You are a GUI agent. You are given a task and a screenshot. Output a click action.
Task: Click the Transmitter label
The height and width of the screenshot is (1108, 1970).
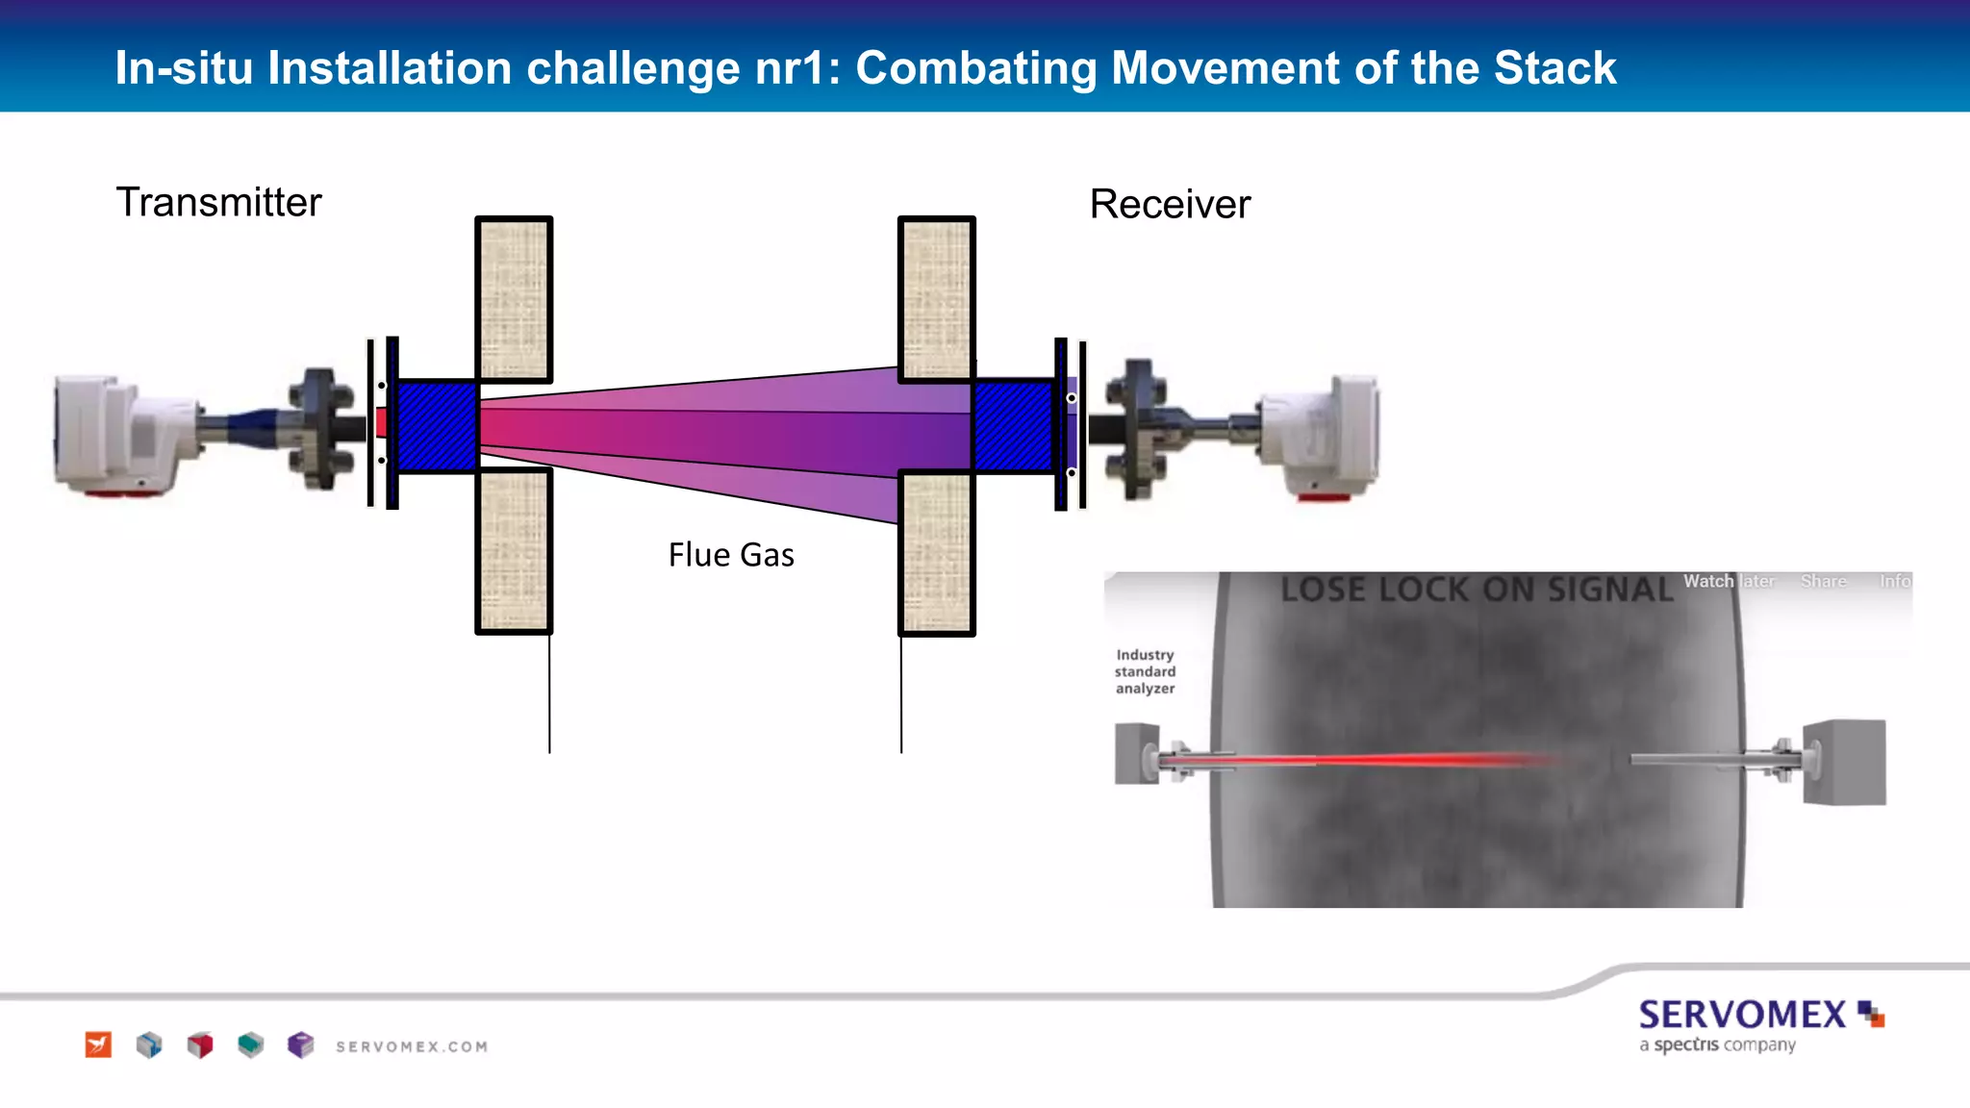[218, 203]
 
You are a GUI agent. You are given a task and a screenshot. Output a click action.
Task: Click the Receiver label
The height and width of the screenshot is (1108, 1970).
[1170, 205]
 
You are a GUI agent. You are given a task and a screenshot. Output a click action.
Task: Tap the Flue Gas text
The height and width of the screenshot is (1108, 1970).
[731, 555]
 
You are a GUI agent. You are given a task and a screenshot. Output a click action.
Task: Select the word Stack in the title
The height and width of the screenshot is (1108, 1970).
[1554, 68]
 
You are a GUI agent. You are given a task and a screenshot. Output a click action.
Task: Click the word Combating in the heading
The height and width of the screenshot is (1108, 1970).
[975, 68]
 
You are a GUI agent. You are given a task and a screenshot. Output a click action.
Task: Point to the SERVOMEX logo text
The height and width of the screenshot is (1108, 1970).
[1742, 1015]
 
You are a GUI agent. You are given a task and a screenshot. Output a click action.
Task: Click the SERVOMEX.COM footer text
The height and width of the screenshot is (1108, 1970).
[412, 1046]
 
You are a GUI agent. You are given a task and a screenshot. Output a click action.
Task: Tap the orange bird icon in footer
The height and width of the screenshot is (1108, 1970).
[98, 1045]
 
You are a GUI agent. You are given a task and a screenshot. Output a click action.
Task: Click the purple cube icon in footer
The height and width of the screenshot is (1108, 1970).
[301, 1045]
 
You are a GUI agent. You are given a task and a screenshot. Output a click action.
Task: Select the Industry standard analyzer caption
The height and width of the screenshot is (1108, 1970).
[1145, 671]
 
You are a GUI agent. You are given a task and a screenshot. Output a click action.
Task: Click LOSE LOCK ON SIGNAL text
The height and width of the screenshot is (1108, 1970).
[1476, 589]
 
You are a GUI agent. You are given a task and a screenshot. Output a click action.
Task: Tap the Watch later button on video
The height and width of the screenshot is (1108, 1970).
[1728, 581]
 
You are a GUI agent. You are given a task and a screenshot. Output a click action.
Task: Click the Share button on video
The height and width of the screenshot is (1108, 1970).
[1823, 581]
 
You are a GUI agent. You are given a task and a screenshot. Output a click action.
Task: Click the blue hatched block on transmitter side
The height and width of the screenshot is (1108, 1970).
[438, 425]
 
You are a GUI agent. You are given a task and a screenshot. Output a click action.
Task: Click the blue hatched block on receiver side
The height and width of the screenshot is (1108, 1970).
[1013, 425]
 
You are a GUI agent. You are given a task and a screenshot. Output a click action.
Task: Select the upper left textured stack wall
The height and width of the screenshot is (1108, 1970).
[514, 298]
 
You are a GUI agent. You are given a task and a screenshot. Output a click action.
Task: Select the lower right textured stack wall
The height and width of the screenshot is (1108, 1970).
[936, 553]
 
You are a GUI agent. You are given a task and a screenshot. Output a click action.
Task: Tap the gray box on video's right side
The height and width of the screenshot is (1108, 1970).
[1844, 762]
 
